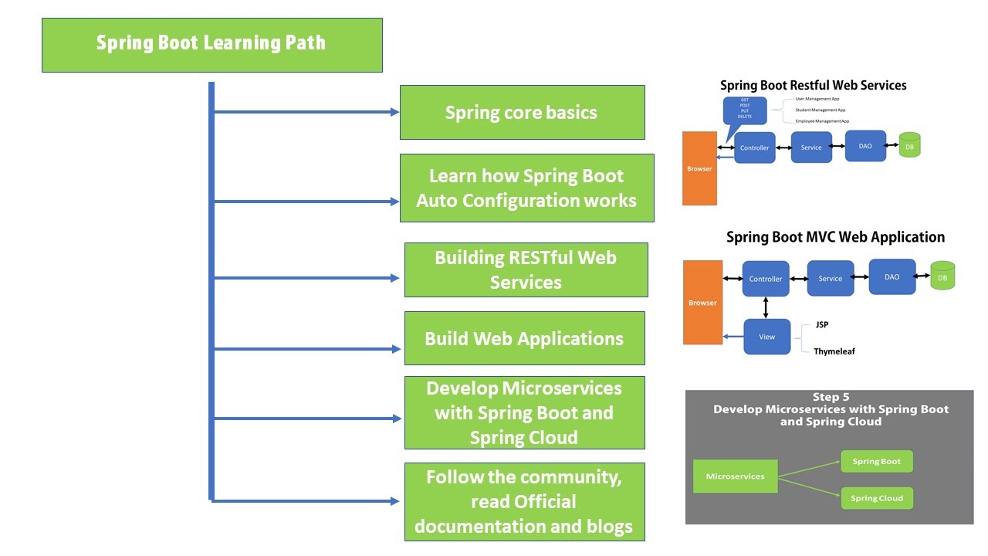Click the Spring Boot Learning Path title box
[212, 45]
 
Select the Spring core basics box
[522, 113]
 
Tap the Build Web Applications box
[524, 338]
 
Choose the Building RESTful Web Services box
[526, 270]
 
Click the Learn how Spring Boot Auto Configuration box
[526, 188]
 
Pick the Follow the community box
[524, 501]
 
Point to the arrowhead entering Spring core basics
[394, 112]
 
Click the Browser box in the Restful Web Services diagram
[699, 168]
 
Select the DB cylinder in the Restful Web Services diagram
[909, 145]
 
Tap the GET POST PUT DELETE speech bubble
[745, 110]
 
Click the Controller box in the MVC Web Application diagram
[766, 279]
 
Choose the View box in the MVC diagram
[766, 337]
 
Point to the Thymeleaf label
[834, 351]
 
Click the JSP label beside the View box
[822, 325]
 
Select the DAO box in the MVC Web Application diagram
[892, 276]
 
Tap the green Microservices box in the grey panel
[735, 476]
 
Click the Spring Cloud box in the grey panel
[877, 498]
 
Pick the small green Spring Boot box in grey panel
[876, 462]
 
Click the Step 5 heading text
[831, 397]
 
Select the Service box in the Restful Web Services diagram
[811, 147]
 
